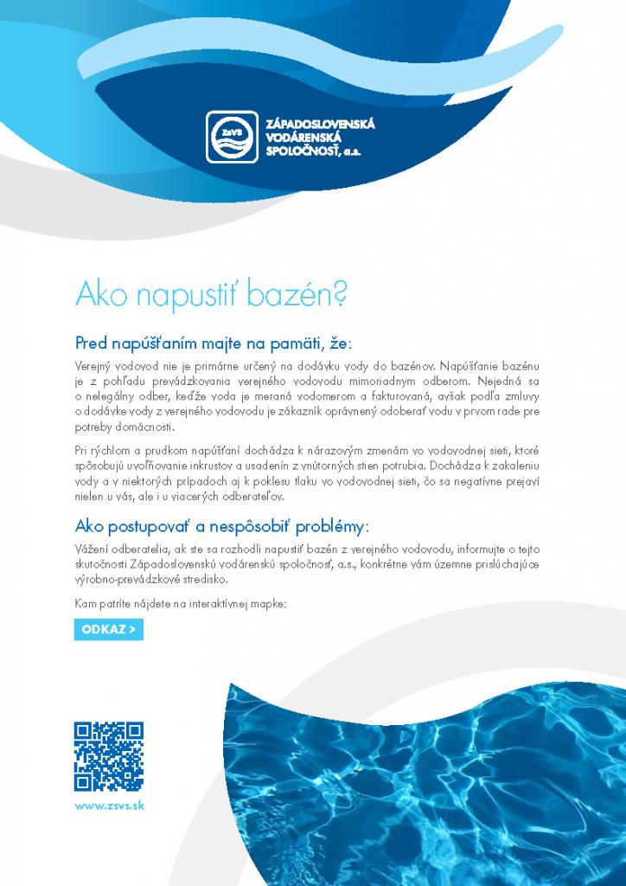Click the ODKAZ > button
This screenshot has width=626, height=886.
point(108,629)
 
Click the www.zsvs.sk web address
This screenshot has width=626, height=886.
point(109,805)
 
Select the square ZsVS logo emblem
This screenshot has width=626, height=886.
point(232,137)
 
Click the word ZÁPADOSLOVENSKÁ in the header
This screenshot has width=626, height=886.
point(322,125)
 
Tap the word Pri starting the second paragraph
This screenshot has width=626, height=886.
point(83,451)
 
